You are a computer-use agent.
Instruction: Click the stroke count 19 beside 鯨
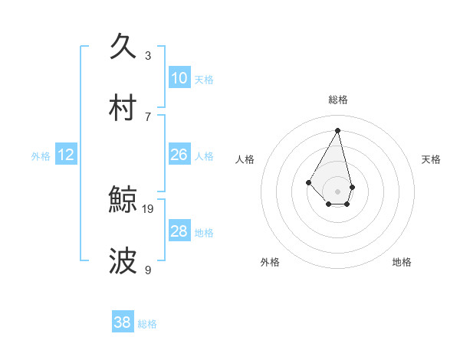[149, 208]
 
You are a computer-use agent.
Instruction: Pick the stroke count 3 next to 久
[148, 55]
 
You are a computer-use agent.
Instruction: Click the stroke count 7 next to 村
[148, 116]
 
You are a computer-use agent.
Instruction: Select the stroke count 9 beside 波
[148, 270]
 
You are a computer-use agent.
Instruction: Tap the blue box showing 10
[179, 78]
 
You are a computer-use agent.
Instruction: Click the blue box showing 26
[179, 155]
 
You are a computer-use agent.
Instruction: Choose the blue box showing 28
[179, 231]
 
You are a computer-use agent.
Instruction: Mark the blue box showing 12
[66, 155]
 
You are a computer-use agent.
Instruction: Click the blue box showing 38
[123, 322]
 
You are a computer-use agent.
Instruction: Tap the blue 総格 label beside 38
[147, 324]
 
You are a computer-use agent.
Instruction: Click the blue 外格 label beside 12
[41, 156]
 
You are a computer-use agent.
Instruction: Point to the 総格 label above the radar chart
[337, 100]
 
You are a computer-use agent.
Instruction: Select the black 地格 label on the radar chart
[402, 262]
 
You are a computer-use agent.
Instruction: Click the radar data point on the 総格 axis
[337, 130]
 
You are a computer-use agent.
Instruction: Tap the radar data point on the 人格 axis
[308, 182]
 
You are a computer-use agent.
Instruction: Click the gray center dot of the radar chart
[337, 191]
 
